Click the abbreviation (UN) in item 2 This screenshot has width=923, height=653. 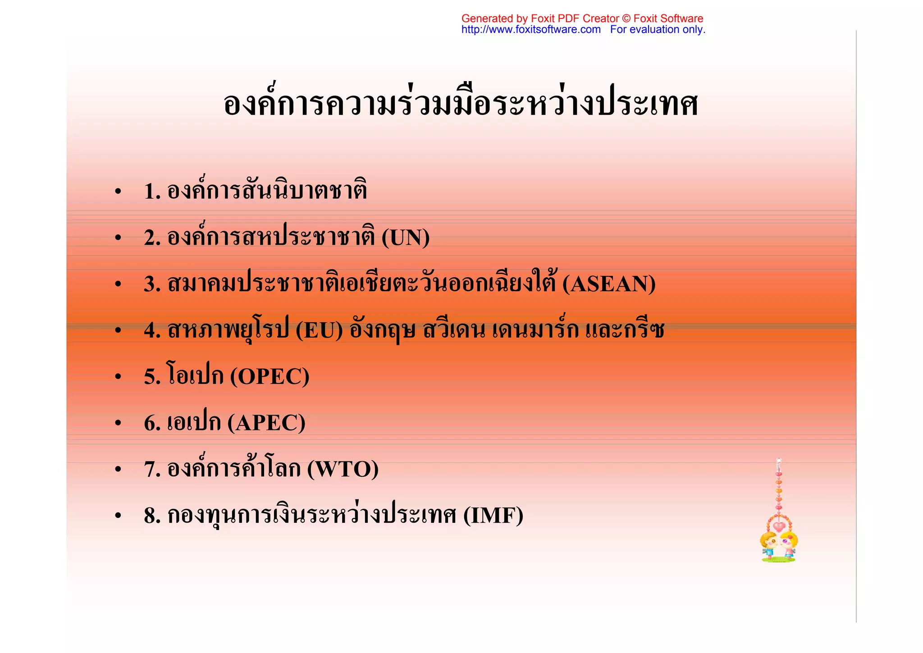[x=405, y=238]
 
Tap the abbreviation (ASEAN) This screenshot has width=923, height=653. [x=609, y=284]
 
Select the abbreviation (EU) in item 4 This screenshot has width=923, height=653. [x=319, y=331]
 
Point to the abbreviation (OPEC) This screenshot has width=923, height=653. [x=270, y=377]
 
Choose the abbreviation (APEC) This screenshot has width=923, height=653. [x=266, y=423]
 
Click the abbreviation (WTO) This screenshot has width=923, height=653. [x=343, y=470]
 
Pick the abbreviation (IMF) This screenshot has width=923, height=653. [x=493, y=516]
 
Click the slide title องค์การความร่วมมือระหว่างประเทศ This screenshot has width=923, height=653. [x=461, y=104]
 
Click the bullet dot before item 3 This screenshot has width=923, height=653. [x=118, y=285]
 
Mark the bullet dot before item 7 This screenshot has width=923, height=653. [x=118, y=470]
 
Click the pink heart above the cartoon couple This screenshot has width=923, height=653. [x=779, y=526]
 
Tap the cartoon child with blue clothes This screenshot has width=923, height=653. [x=768, y=546]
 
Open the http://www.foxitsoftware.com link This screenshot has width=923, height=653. [x=530, y=30]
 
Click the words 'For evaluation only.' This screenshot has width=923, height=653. [x=658, y=30]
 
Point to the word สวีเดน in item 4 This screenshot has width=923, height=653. [x=454, y=331]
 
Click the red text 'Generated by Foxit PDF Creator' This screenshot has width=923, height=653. [x=540, y=18]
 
